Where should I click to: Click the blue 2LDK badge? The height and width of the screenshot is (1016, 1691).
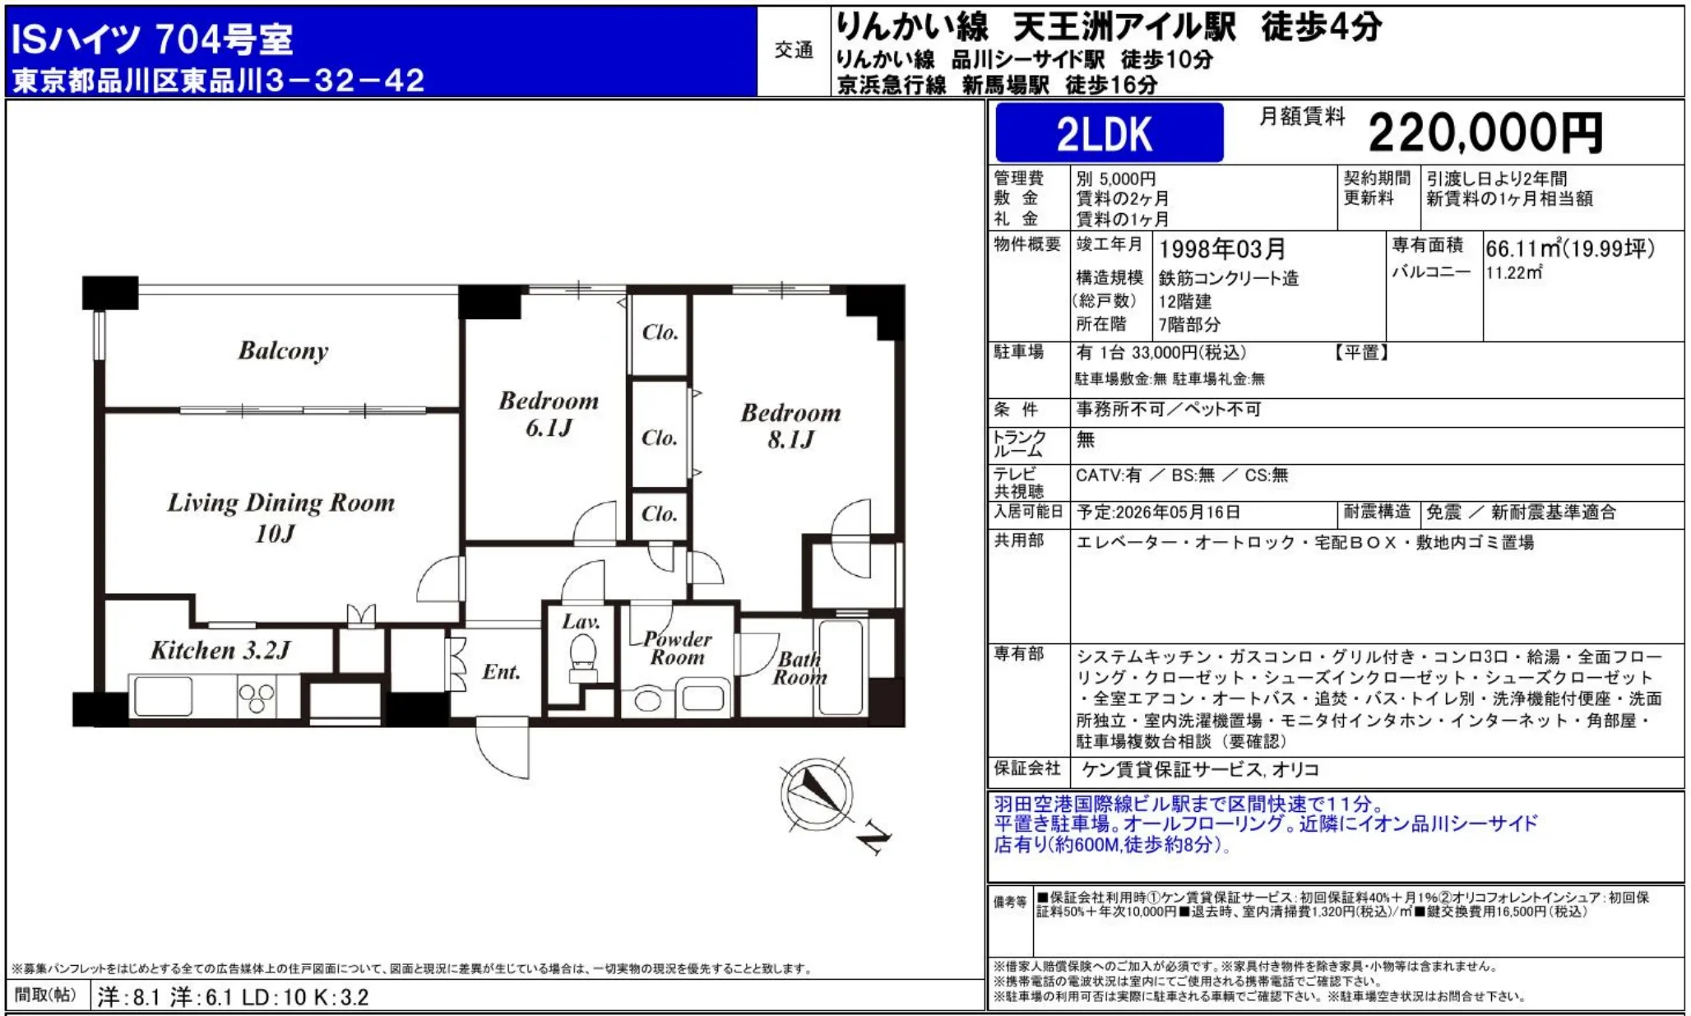tap(1108, 133)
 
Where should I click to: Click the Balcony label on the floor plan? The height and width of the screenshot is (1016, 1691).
tap(283, 350)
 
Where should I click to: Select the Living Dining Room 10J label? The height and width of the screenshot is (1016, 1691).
tap(280, 517)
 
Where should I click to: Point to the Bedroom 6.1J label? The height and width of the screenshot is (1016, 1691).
tap(548, 414)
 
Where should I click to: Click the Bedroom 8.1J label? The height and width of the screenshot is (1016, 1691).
tap(790, 425)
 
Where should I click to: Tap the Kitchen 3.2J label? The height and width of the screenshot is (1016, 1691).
tap(220, 651)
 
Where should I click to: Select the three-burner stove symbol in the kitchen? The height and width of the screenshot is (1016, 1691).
tap(256, 698)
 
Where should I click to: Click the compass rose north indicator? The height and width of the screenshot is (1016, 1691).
tap(817, 793)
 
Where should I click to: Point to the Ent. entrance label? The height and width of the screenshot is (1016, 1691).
tap(501, 672)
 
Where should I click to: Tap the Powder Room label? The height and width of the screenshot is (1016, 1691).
tap(677, 648)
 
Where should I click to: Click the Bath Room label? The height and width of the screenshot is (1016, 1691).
tap(799, 668)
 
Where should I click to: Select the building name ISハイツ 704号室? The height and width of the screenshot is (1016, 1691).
tap(151, 39)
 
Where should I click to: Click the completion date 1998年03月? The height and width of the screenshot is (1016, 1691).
tap(1221, 248)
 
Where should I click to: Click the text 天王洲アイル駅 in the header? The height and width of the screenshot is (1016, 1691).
tap(1123, 27)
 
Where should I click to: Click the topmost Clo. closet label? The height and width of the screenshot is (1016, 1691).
tap(660, 332)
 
